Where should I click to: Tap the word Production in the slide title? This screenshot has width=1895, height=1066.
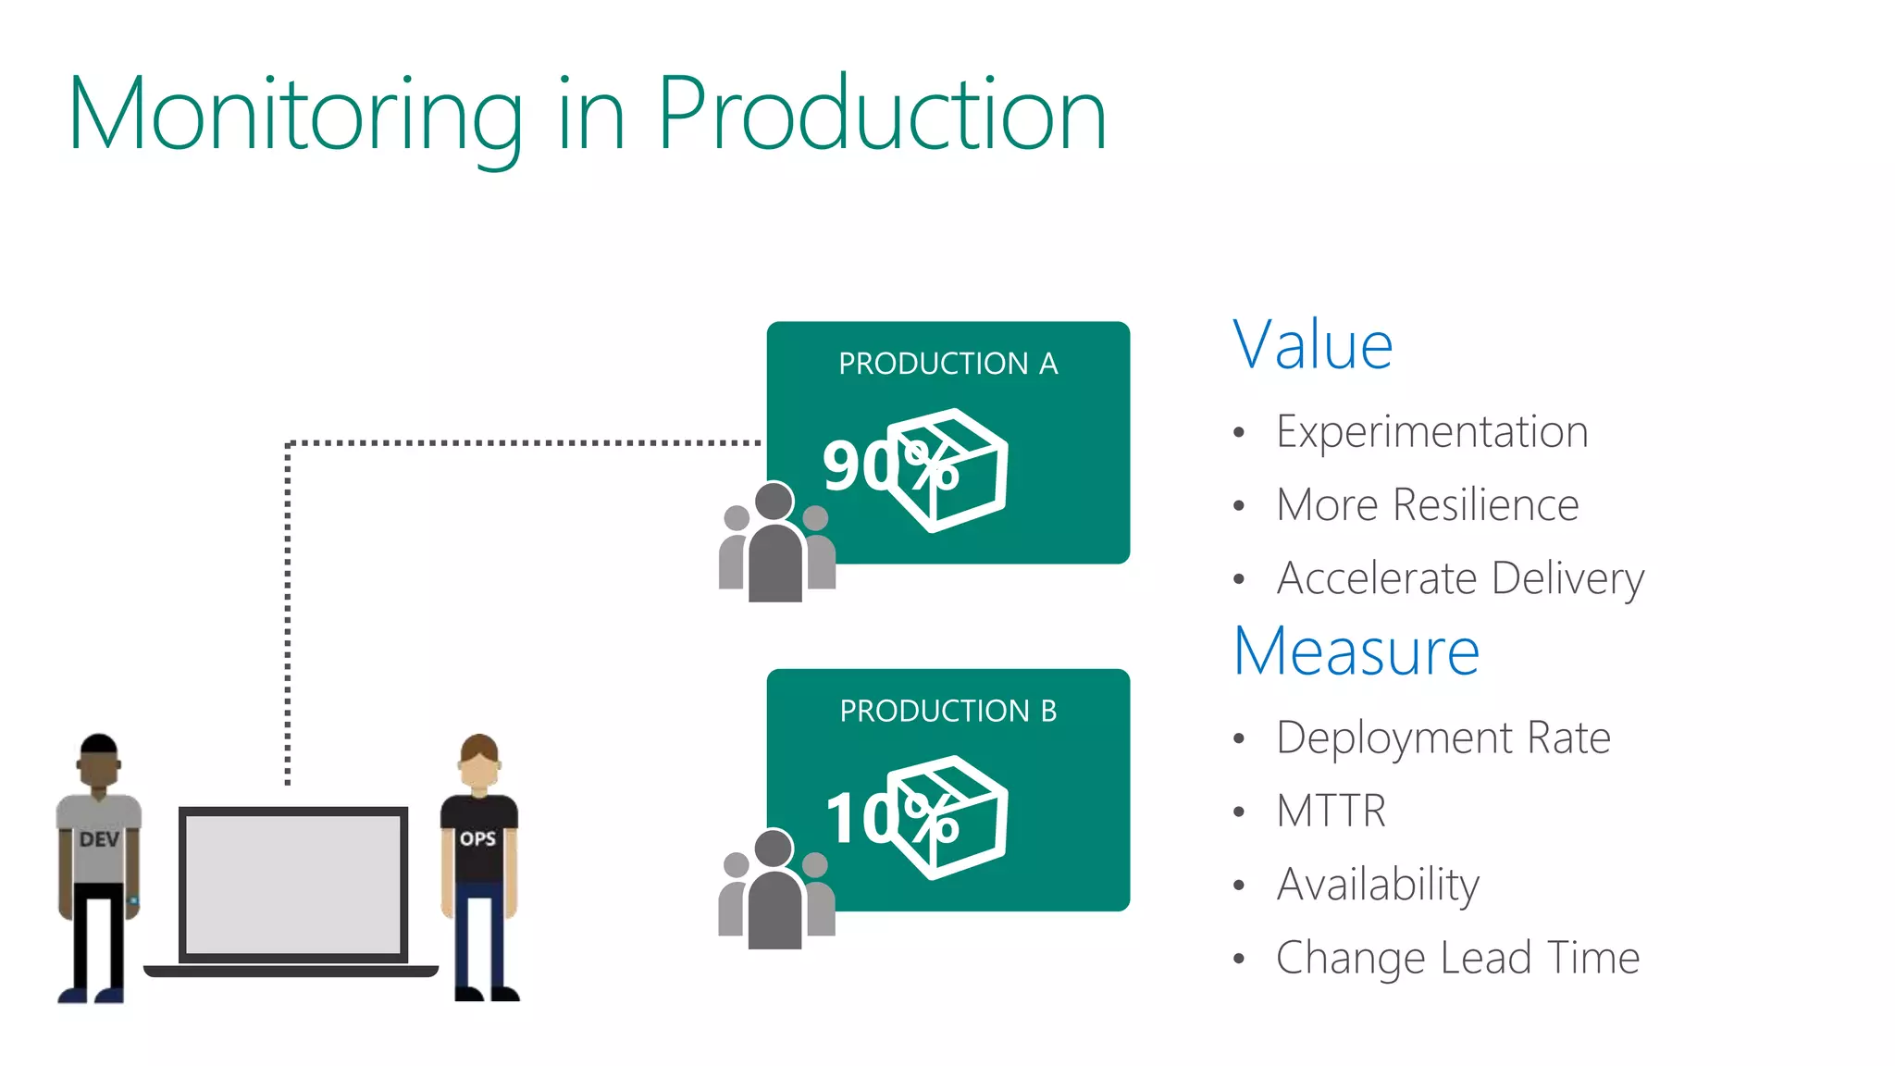click(881, 114)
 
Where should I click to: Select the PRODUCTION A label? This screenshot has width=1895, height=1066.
click(947, 364)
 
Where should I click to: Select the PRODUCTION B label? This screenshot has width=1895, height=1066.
click(947, 711)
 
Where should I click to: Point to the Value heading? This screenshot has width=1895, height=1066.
click(1312, 345)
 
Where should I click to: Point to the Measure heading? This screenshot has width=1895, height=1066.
click(1356, 651)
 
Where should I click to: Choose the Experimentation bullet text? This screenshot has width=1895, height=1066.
click(1431, 432)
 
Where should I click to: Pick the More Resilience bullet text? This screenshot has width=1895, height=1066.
click(1427, 505)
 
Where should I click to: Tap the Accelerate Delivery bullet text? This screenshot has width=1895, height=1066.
click(1460, 579)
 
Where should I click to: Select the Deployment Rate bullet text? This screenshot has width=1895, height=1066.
click(1443, 738)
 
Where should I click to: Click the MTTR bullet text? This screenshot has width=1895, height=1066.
click(1331, 812)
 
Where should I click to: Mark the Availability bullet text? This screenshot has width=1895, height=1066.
click(1378, 885)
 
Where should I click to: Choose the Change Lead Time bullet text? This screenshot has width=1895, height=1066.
click(1457, 958)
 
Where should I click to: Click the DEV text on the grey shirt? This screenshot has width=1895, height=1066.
click(99, 839)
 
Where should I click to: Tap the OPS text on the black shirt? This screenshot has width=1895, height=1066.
click(477, 838)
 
